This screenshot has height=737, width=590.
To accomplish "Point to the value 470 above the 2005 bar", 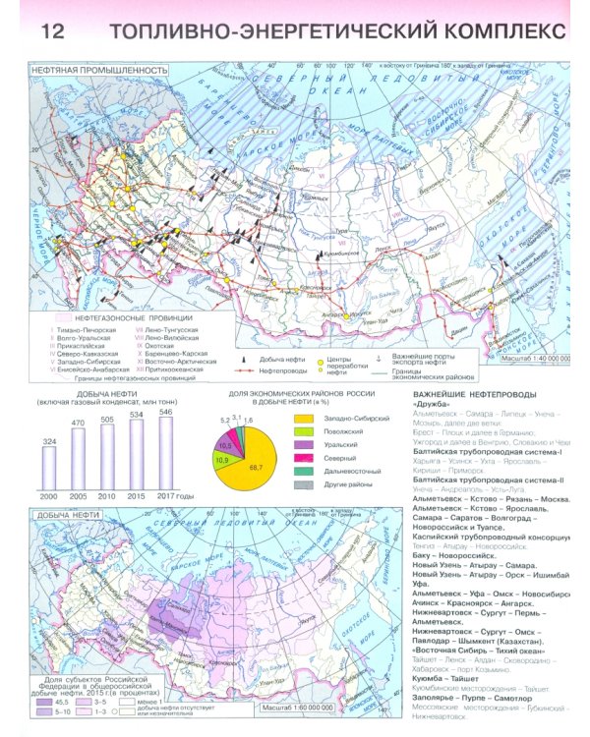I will coord(79,424).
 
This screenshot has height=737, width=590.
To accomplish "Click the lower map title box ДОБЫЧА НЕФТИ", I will coord(64,516).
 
